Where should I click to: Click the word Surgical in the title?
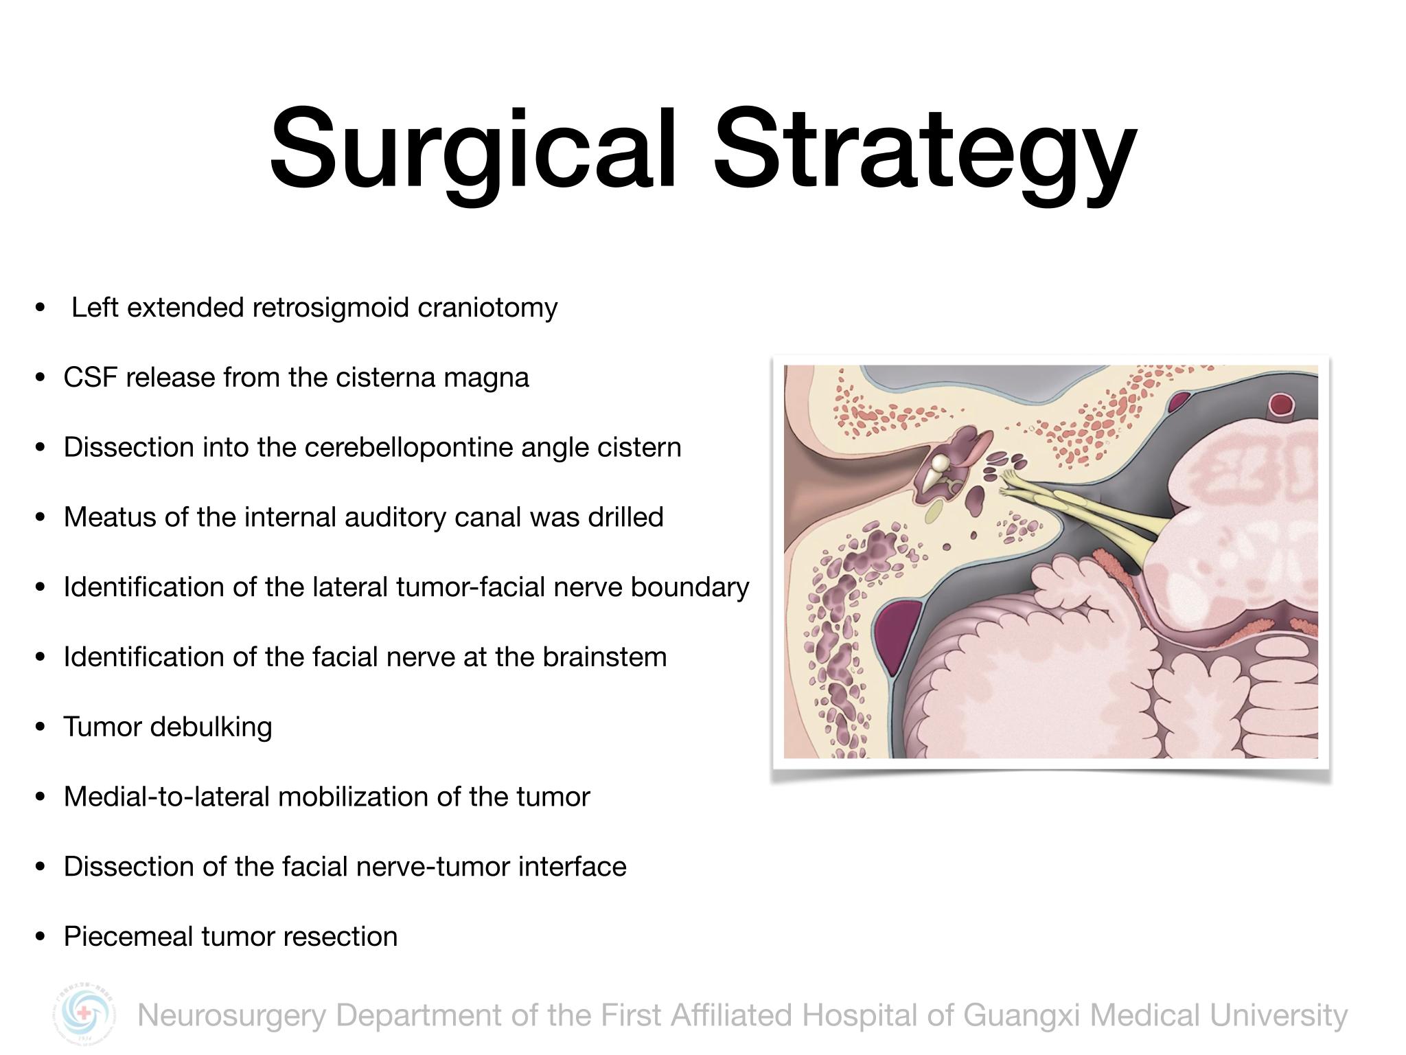point(474,149)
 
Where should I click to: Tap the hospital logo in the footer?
point(84,1014)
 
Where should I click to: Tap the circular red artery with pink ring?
point(1280,405)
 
